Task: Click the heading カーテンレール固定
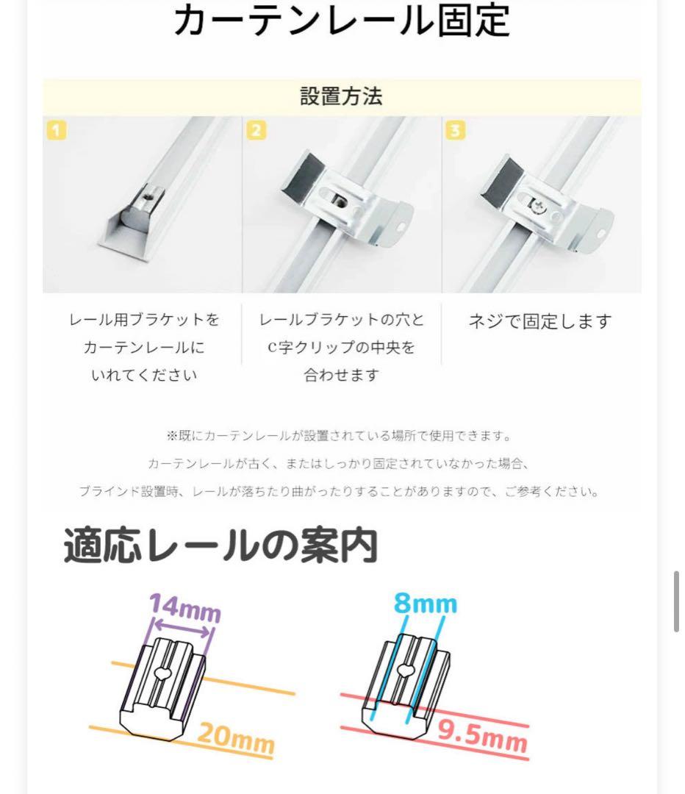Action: (x=342, y=21)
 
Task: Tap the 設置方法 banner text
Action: (x=342, y=97)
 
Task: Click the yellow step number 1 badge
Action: (x=57, y=131)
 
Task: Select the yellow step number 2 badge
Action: (x=256, y=131)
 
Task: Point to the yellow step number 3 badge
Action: (x=456, y=131)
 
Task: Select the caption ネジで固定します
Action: (x=540, y=321)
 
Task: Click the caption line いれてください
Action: (x=143, y=375)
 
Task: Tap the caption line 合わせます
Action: (x=341, y=375)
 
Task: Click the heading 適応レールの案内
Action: (x=220, y=546)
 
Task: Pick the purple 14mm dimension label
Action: (x=184, y=609)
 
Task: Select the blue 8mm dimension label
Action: (x=425, y=604)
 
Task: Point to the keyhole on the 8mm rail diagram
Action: (x=404, y=670)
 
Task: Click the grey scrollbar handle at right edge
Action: (x=675, y=601)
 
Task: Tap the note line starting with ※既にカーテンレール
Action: (x=338, y=436)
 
